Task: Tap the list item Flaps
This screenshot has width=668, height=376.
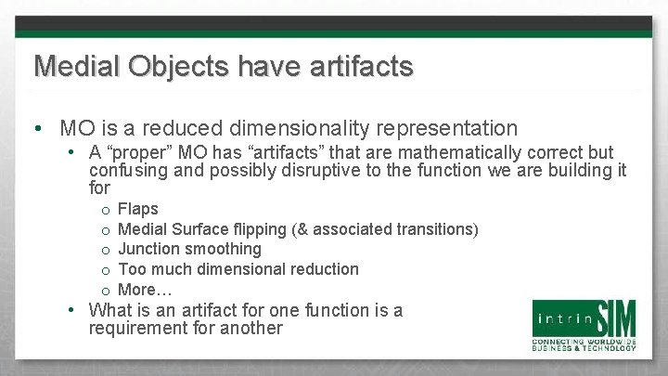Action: [139, 209]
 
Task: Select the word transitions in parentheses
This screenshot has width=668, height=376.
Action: [436, 228]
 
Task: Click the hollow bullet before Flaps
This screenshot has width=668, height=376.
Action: [108, 210]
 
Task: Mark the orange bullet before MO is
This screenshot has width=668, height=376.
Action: [33, 129]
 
